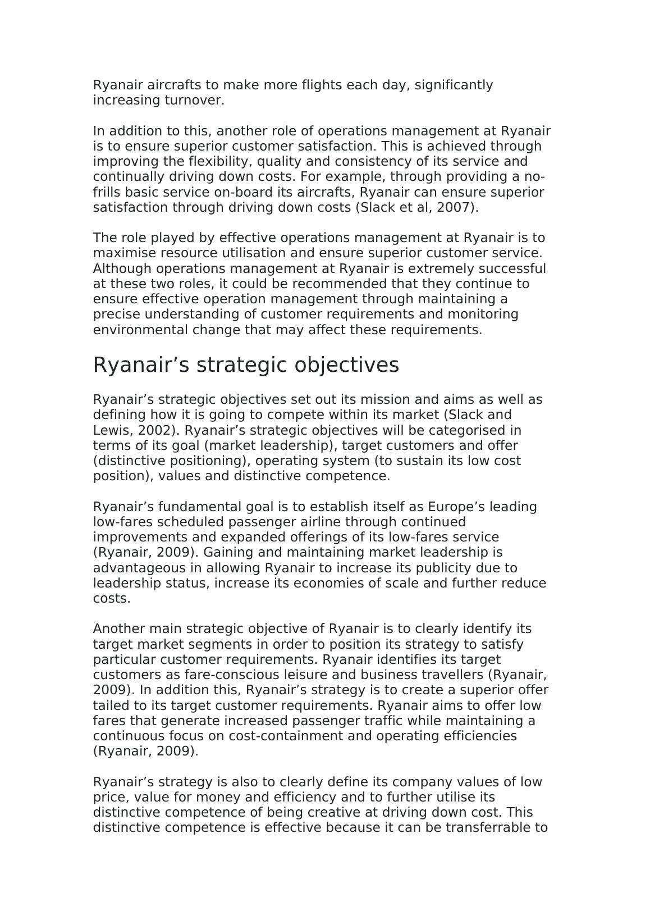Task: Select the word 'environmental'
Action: (x=140, y=330)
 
